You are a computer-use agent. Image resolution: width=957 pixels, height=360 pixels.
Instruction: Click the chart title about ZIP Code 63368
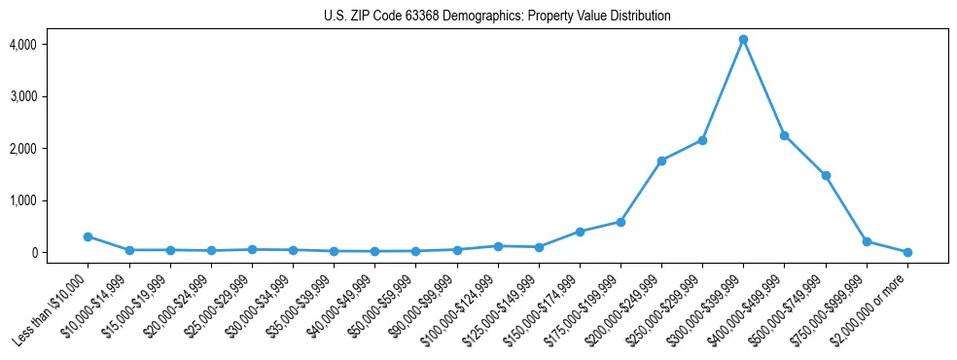pyautogui.click(x=497, y=17)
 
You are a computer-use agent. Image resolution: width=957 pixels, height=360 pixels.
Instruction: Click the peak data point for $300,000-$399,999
pyautogui.click(x=743, y=40)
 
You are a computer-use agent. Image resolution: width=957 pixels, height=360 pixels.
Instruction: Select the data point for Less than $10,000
pyautogui.click(x=88, y=236)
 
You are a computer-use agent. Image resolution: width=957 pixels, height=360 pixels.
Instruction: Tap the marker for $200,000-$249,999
pyautogui.click(x=661, y=161)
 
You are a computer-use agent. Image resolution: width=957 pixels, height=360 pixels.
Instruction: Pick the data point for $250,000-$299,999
pyautogui.click(x=702, y=140)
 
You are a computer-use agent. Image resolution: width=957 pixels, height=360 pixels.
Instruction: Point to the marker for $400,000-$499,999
pyautogui.click(x=784, y=135)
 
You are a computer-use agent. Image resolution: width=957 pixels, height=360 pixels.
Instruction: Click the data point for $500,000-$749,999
pyautogui.click(x=826, y=175)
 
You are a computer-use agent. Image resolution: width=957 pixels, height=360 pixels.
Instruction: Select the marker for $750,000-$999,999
pyautogui.click(x=867, y=241)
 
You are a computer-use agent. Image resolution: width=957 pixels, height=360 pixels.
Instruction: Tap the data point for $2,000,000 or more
pyautogui.click(x=907, y=252)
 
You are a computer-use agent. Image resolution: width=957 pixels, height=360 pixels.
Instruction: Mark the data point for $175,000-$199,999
pyautogui.click(x=620, y=222)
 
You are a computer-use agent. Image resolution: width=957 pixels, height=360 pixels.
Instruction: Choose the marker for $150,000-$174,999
pyautogui.click(x=580, y=232)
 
